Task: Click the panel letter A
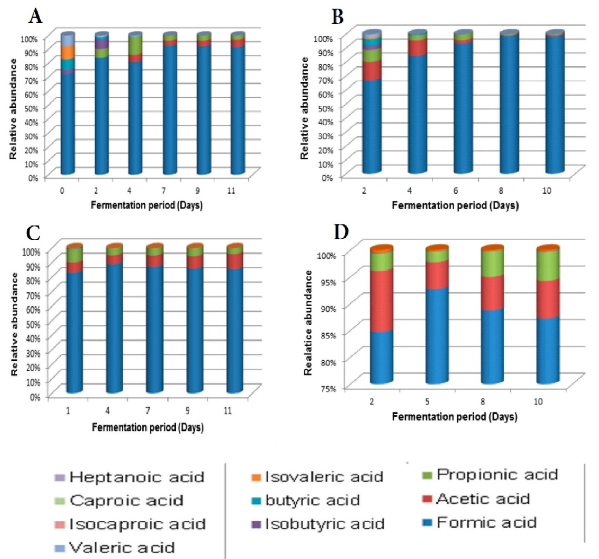point(36,16)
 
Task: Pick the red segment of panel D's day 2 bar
point(381,300)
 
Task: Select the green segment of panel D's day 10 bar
point(548,265)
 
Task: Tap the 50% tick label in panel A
point(30,108)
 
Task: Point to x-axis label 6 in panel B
point(455,191)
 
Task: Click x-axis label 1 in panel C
point(68,411)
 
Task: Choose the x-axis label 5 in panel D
point(427,401)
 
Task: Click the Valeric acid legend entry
point(122,548)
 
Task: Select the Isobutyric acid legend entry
point(325,524)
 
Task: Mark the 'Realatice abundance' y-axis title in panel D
point(308,323)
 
